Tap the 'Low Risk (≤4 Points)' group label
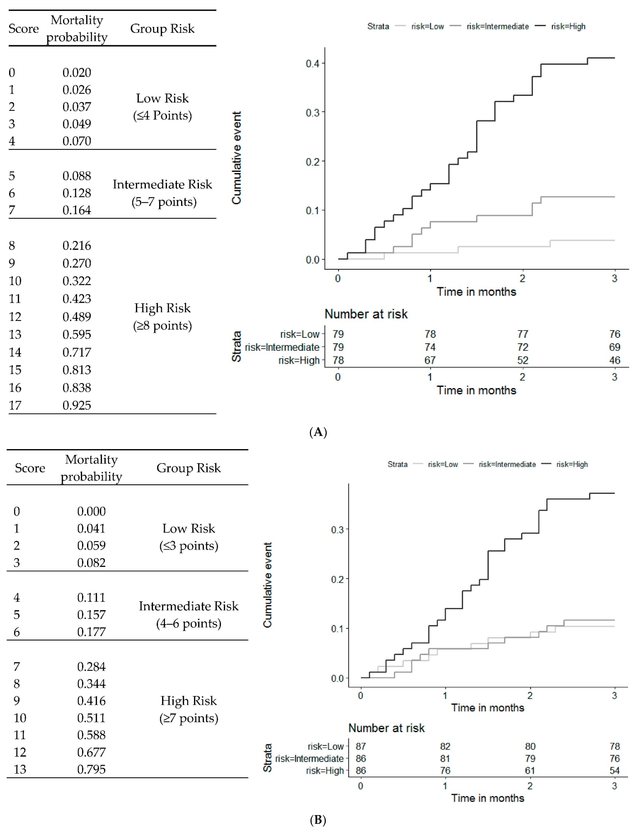(162, 106)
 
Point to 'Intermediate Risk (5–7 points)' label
(162, 193)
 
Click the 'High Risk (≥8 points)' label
(162, 316)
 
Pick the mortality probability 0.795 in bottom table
(91, 769)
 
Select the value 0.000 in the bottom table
(91, 511)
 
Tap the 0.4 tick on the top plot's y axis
(313, 63)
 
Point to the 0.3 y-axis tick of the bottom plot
(337, 529)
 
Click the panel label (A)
(318, 432)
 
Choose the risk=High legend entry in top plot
(568, 26)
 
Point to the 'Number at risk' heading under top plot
(366, 314)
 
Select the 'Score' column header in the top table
(24, 28)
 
